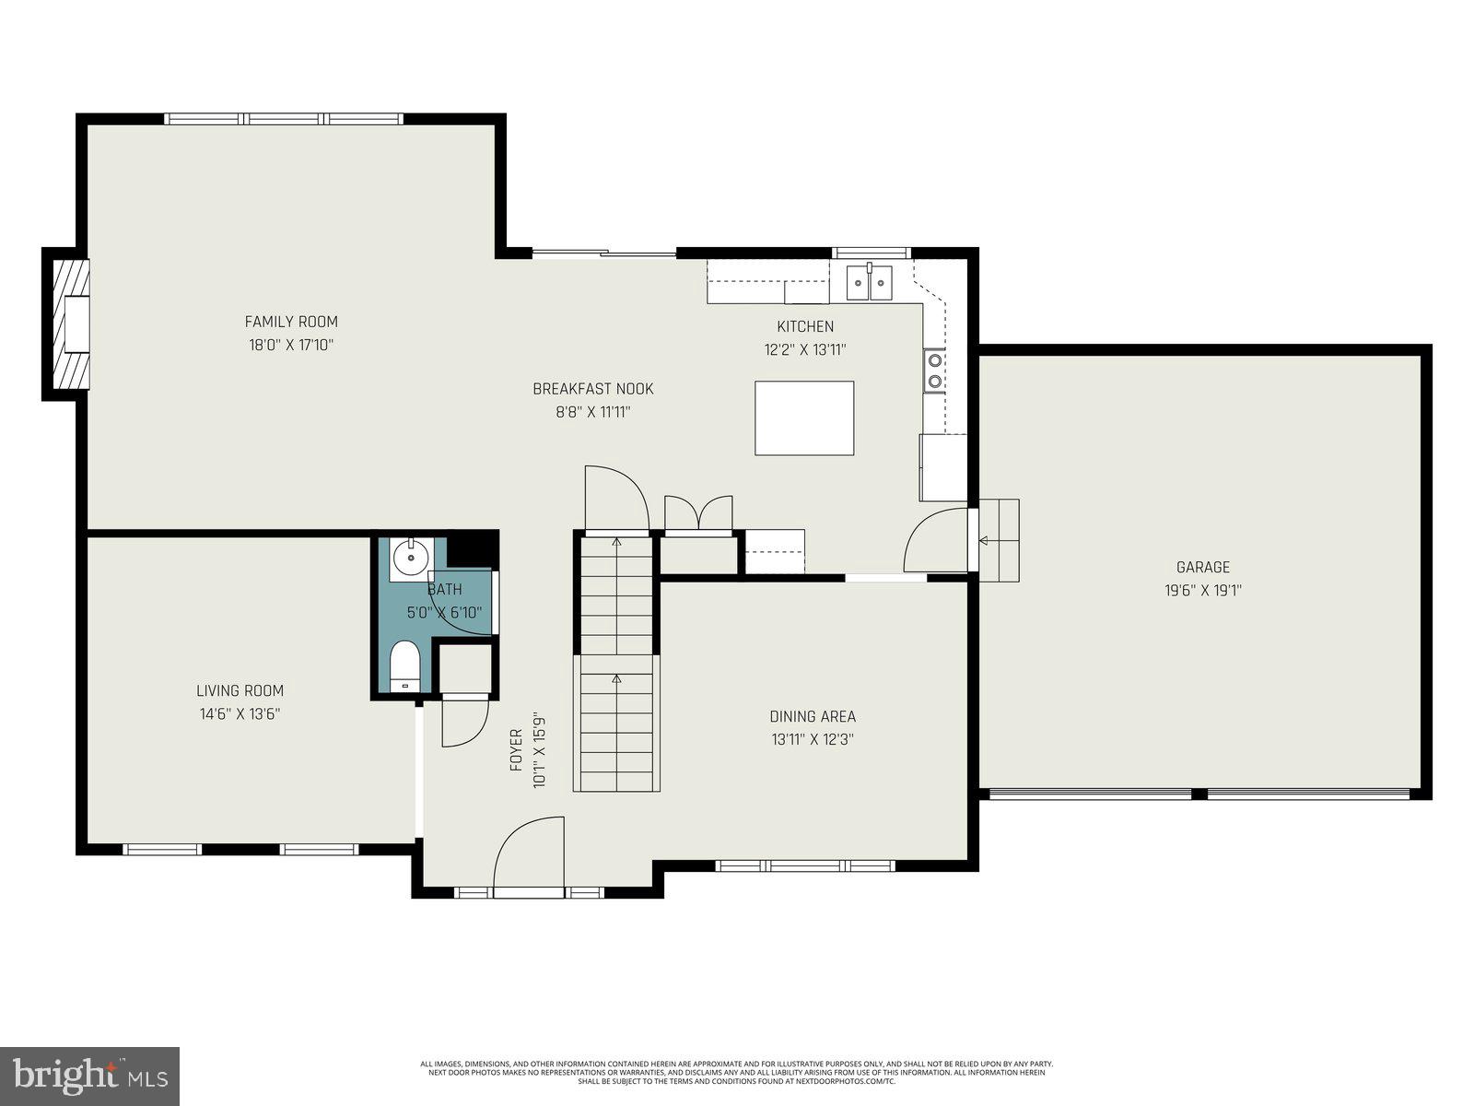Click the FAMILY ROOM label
[x=291, y=322]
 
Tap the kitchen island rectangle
[x=804, y=418]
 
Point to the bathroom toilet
[x=404, y=665]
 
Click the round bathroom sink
[x=408, y=557]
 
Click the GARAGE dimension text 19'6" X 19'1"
[x=1203, y=591]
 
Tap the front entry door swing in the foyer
[x=529, y=855]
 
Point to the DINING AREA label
[x=813, y=716]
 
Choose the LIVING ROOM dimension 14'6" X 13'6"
[x=240, y=713]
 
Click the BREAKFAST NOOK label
[x=593, y=389]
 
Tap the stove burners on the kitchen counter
[x=934, y=370]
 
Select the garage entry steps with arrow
[x=999, y=540]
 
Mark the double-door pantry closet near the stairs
[x=698, y=514]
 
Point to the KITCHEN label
[x=805, y=326]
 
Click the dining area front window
[x=804, y=865]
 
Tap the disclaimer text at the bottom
[x=736, y=1072]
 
